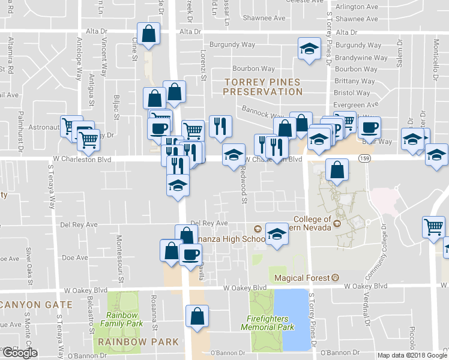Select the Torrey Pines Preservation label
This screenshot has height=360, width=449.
[x=262, y=86]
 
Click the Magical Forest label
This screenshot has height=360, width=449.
[x=303, y=278]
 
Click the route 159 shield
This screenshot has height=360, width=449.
[x=364, y=158]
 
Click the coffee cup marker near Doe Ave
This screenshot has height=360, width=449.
[x=190, y=254]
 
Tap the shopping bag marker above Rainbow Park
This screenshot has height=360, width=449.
[x=196, y=317]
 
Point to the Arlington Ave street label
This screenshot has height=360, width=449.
[x=357, y=7]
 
